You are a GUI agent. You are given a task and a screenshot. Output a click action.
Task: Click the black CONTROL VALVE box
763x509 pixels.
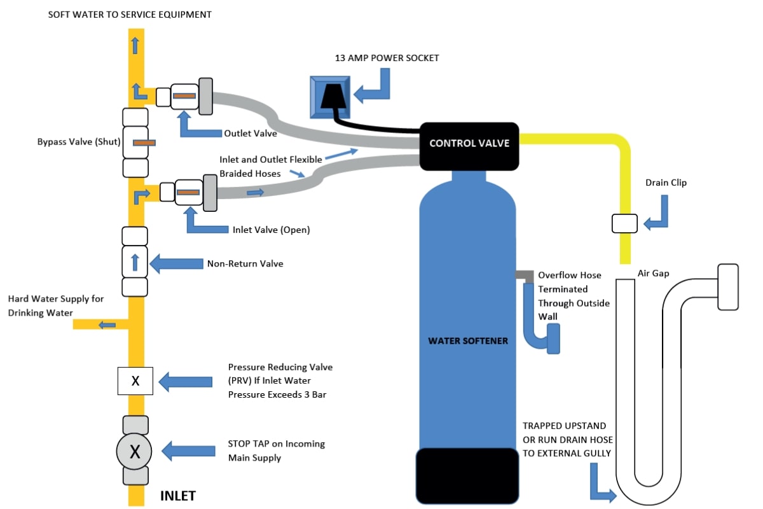pyautogui.click(x=469, y=144)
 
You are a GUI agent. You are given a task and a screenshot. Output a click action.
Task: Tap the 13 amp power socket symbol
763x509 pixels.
pyautogui.click(x=330, y=96)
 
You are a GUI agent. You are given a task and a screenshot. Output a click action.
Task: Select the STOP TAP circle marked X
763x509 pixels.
pyautogui.click(x=135, y=452)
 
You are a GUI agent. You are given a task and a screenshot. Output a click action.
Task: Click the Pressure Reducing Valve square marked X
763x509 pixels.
pyautogui.click(x=135, y=381)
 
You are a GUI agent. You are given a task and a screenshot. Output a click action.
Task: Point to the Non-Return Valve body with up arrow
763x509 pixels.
pyautogui.click(x=135, y=261)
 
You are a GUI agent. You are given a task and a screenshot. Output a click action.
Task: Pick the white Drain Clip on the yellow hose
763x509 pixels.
pyautogui.click(x=624, y=223)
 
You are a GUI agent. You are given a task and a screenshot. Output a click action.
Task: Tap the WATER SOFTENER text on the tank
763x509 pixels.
pyautogui.click(x=468, y=341)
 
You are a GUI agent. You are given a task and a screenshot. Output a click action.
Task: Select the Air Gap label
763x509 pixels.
pyautogui.click(x=653, y=274)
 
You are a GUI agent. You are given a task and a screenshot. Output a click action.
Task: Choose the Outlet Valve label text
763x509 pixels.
pyautogui.click(x=251, y=134)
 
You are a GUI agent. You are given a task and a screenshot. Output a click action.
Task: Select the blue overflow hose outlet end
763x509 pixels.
pyautogui.click(x=552, y=337)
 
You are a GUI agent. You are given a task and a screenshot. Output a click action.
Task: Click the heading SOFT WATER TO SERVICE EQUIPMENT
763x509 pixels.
pyautogui.click(x=130, y=14)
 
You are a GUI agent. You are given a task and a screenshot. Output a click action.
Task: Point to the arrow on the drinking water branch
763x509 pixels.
pyautogui.click(x=107, y=325)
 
